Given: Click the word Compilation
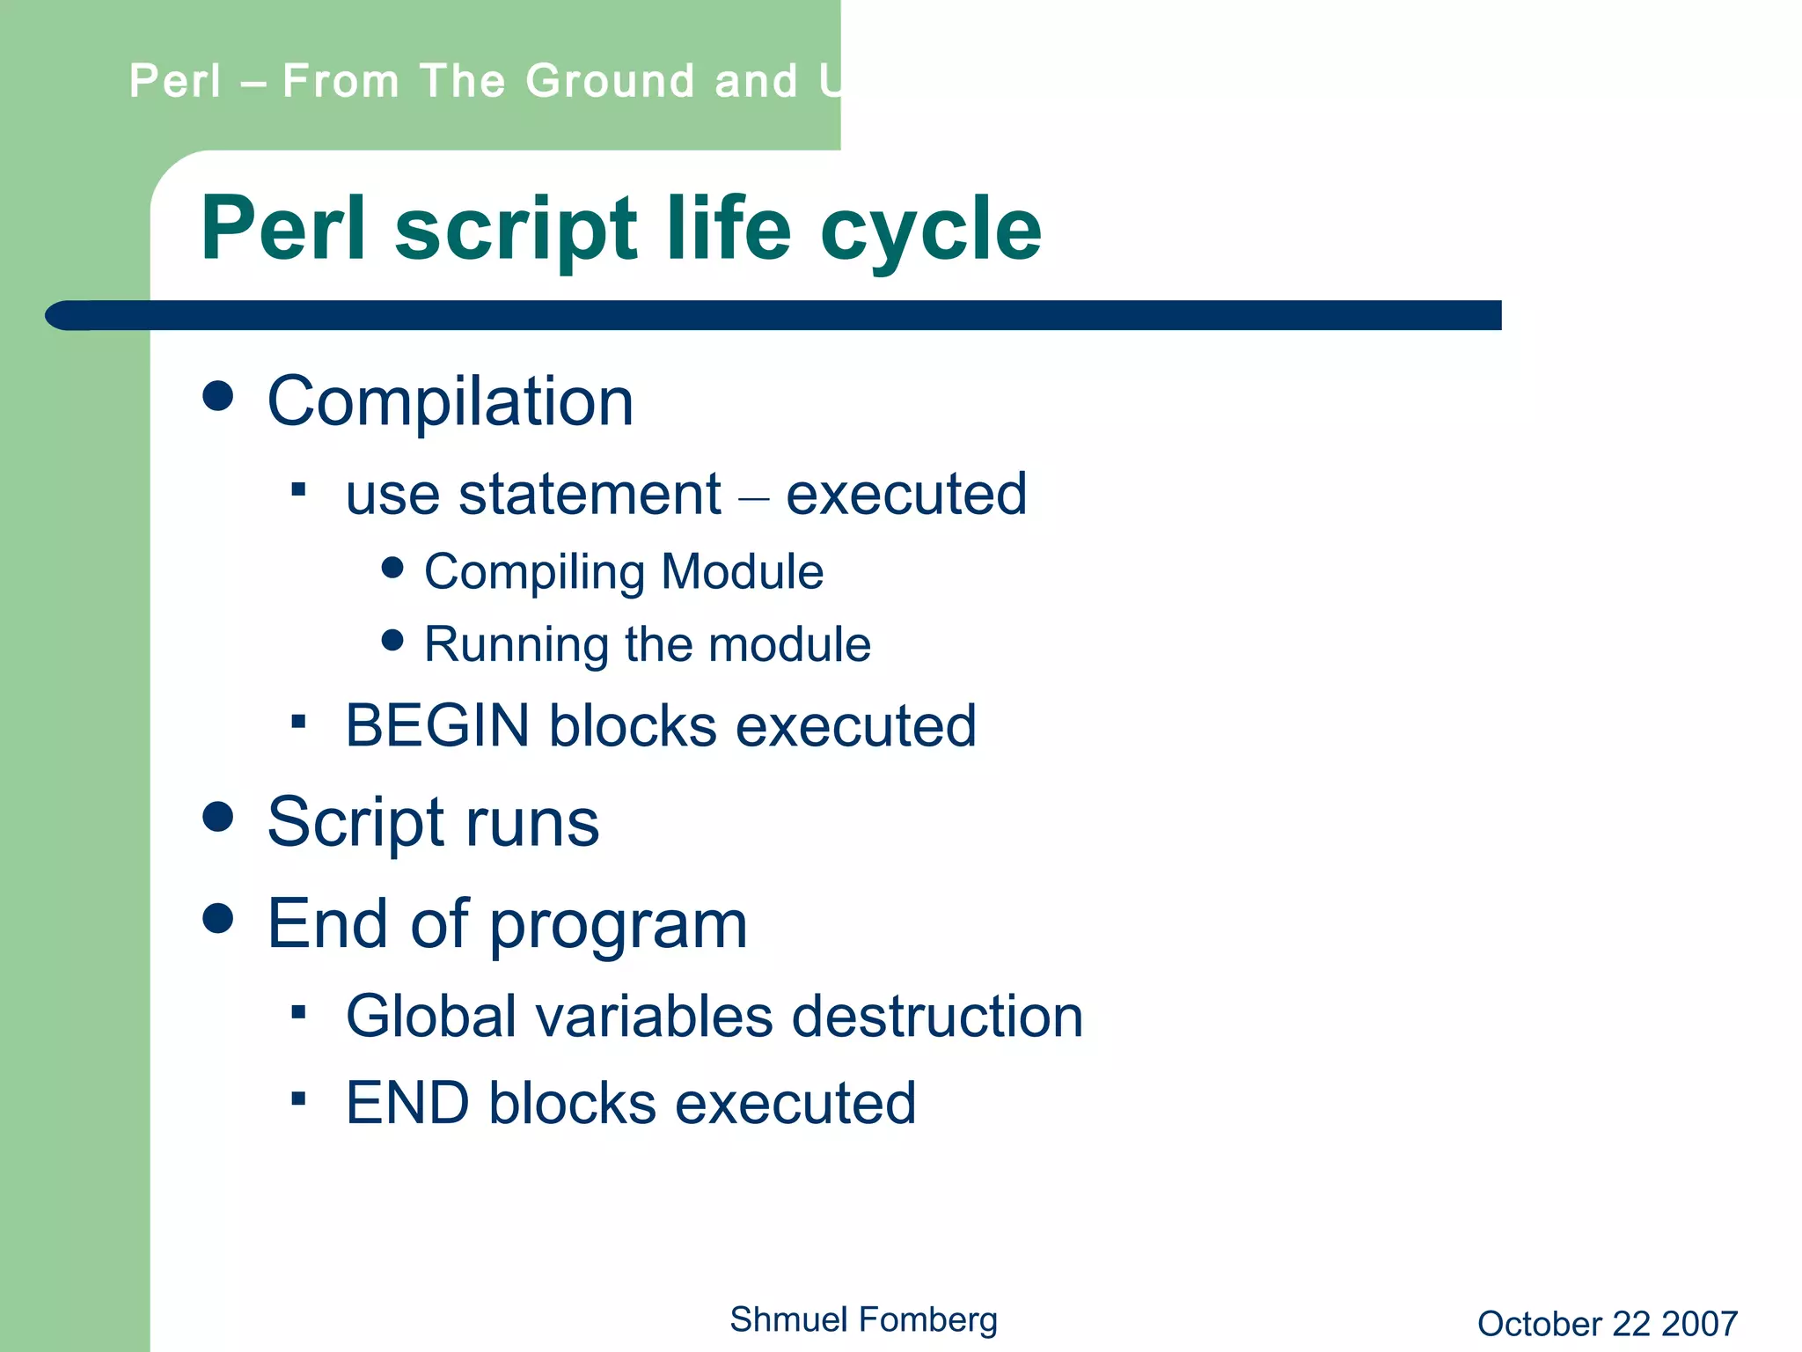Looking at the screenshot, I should (x=450, y=402).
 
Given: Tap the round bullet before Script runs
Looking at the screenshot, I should (x=217, y=816).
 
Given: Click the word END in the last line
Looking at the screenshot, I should (x=407, y=1103).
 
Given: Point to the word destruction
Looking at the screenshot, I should (x=937, y=1017).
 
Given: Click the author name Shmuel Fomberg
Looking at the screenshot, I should (x=863, y=1319).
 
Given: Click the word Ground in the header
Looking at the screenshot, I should (x=610, y=81).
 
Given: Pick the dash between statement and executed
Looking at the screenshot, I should (x=753, y=499).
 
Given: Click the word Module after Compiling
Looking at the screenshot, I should (x=742, y=572).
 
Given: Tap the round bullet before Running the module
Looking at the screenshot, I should (x=392, y=640).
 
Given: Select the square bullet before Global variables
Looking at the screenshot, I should (x=298, y=1012).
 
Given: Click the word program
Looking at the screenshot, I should (x=618, y=926).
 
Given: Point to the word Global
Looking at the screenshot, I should (x=430, y=1017).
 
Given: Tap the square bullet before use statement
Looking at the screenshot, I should (x=298, y=489).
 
